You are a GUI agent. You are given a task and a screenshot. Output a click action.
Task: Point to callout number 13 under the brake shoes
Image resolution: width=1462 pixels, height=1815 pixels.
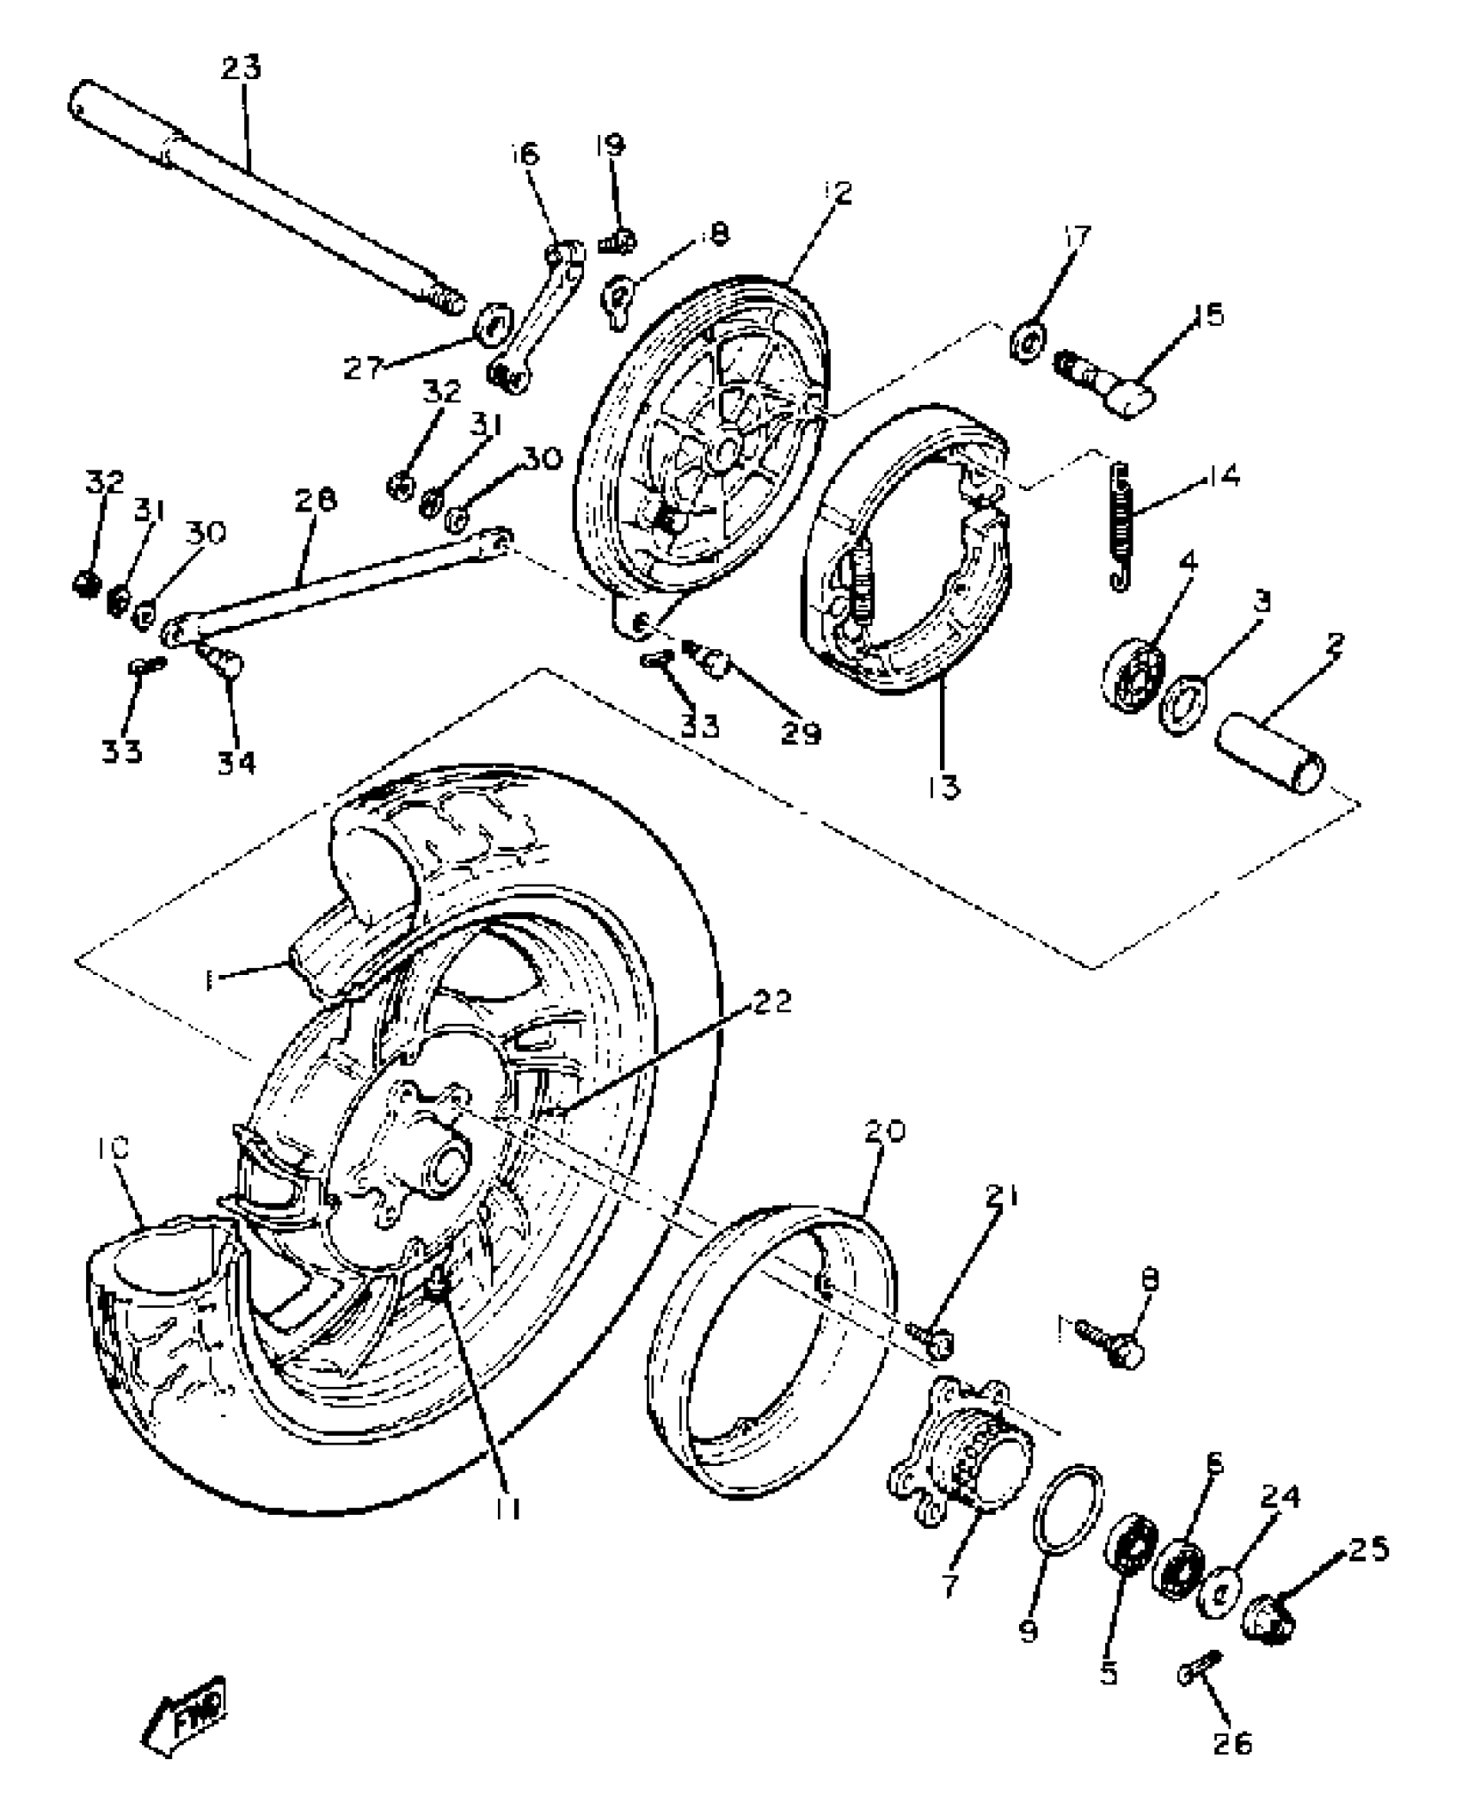pos(943,786)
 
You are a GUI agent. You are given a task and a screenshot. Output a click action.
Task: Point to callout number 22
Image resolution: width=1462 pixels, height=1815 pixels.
pos(771,1002)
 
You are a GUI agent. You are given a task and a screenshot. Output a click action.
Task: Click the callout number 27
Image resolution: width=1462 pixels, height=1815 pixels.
pos(362,369)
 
